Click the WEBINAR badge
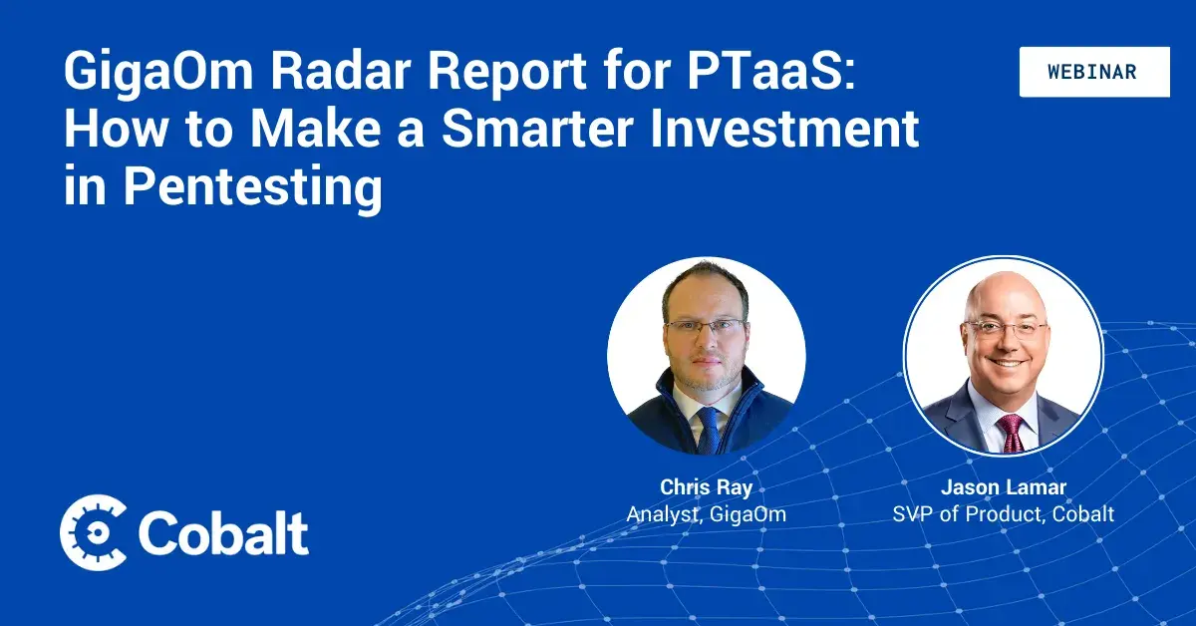(1094, 72)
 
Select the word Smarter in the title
(537, 129)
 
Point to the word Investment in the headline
(784, 129)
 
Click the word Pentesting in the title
(253, 188)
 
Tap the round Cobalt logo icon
(94, 532)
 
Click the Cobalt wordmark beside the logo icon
(223, 533)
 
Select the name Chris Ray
(707, 487)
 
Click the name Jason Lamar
(1004, 487)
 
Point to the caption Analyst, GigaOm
(707, 514)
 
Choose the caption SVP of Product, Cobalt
(1004, 514)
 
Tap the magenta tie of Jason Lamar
(1011, 434)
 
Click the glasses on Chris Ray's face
(705, 326)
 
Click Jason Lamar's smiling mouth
(1007, 363)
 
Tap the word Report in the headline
(507, 71)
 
